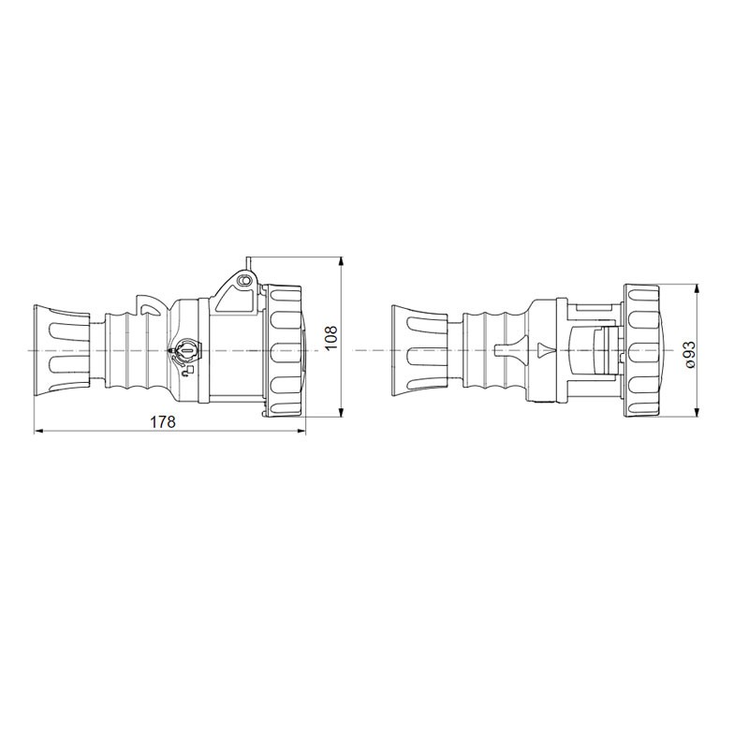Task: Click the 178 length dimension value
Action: [163, 422]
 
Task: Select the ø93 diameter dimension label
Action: [689, 354]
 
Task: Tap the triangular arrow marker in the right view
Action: [547, 350]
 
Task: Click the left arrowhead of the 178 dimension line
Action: [39, 432]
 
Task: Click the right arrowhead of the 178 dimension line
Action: [301, 432]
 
